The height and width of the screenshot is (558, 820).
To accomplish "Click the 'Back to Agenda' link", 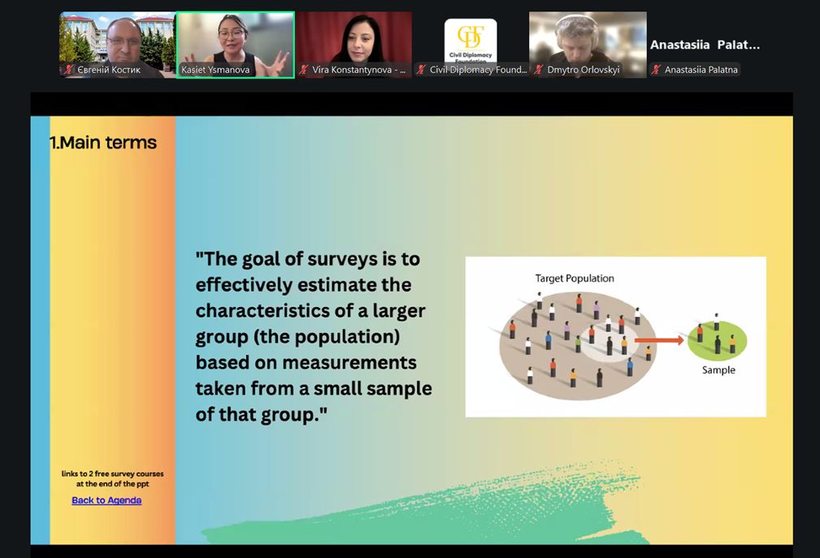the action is point(106,500).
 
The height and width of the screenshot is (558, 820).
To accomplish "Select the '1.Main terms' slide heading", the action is point(103,142).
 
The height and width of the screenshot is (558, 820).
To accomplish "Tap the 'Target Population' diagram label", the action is point(575,279).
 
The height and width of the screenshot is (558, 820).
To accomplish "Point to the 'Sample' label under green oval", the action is point(718,370).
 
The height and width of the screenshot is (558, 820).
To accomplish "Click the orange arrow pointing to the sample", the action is point(659,340).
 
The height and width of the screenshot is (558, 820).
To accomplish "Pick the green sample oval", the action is point(717,340).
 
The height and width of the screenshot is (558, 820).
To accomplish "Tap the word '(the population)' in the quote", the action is point(327,336).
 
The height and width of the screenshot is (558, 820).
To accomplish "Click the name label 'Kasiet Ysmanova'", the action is point(215,70).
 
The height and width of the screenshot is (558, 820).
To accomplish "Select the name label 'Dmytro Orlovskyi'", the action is point(583,70).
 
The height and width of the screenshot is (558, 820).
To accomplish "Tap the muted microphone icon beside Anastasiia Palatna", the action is point(657,70).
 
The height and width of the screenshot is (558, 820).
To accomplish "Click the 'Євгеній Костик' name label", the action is point(109,70).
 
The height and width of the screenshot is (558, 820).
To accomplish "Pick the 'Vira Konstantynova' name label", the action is point(358,70).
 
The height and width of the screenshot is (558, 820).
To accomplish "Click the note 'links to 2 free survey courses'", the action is point(112,474).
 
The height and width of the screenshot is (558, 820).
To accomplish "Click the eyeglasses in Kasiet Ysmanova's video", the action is point(232,33).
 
